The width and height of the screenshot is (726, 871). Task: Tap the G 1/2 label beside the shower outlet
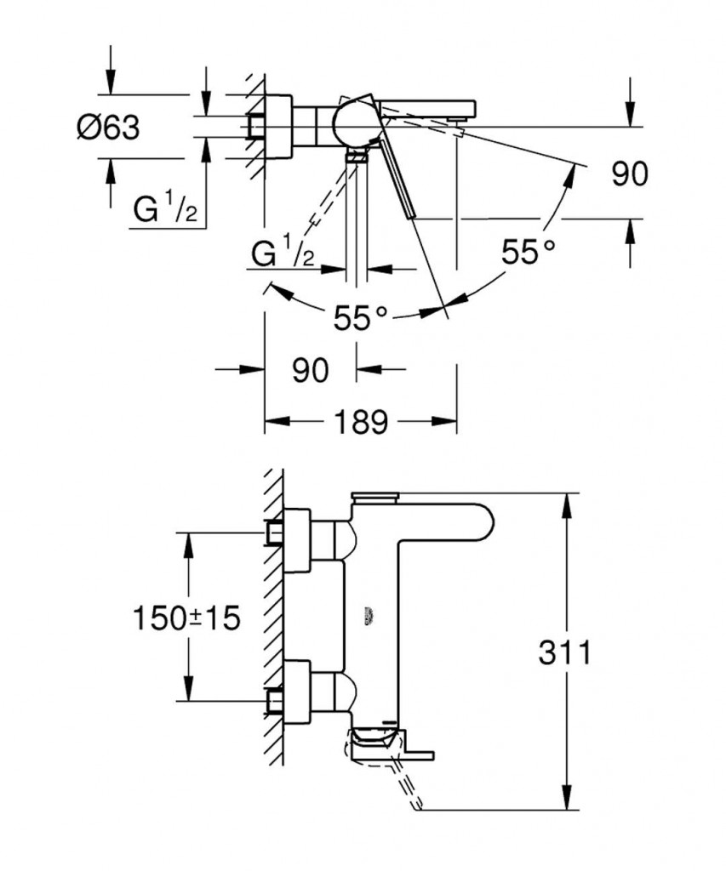[284, 253]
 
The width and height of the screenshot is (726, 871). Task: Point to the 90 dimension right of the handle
[630, 174]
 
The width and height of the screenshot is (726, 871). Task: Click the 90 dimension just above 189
[310, 370]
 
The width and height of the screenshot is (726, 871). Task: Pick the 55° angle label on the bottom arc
[360, 319]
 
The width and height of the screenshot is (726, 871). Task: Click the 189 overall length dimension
[361, 421]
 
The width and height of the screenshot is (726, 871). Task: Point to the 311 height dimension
[564, 653]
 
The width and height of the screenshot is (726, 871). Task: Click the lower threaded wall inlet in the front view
[275, 701]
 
